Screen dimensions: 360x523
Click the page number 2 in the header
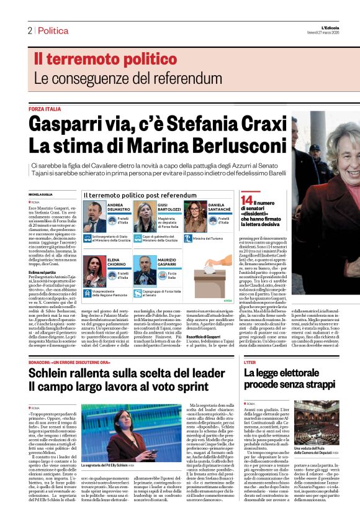tap(29, 30)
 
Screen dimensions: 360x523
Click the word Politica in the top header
tap(53, 30)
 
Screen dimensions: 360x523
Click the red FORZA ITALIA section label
tap(45, 108)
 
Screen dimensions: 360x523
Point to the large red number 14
tap(246, 200)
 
